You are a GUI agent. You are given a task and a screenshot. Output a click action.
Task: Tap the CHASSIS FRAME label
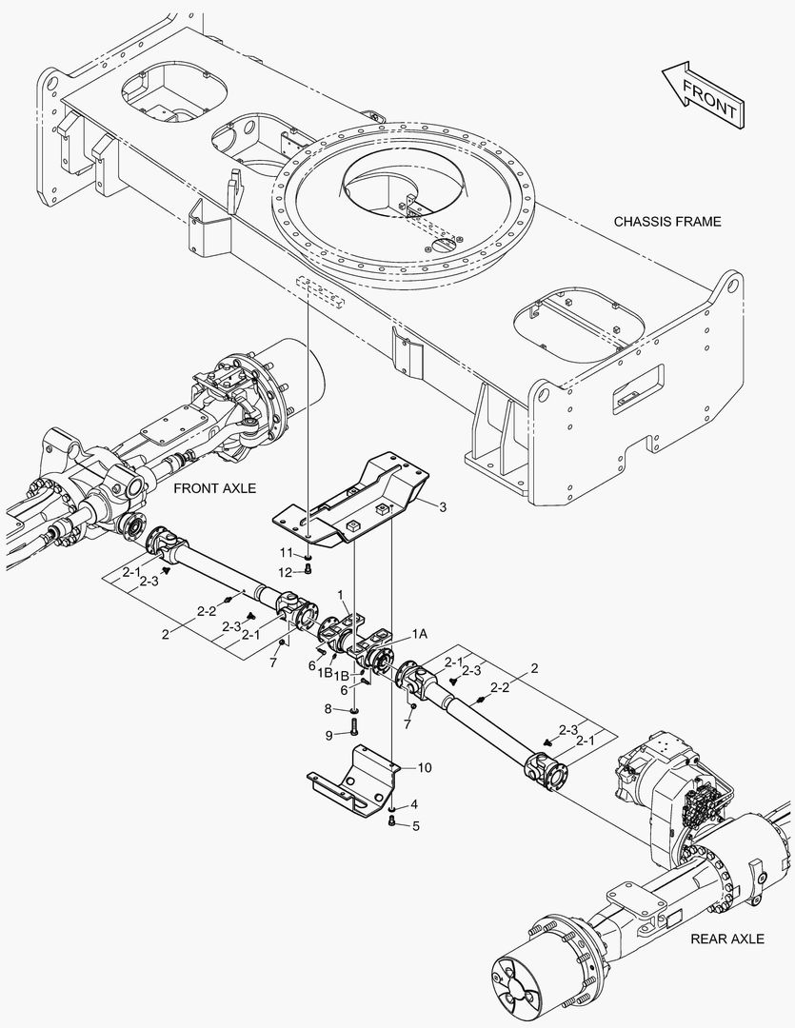[x=666, y=222]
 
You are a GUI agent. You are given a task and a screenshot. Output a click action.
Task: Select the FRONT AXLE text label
[x=215, y=488]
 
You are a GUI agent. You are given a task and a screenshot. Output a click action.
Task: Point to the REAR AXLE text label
[x=727, y=939]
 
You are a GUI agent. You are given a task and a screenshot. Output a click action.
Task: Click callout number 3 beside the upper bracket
[x=442, y=508]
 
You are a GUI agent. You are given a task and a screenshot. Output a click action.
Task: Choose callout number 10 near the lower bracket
[x=425, y=767]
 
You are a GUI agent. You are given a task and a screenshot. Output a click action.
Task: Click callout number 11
[x=286, y=552]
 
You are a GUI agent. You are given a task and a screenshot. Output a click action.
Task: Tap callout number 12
[x=286, y=571]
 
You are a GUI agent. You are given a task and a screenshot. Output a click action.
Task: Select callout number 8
[x=328, y=709]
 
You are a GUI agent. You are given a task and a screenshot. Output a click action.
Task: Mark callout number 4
[x=414, y=804]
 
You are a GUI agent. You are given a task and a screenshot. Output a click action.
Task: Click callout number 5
[x=414, y=824]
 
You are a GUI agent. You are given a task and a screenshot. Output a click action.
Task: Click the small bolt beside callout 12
[x=308, y=570]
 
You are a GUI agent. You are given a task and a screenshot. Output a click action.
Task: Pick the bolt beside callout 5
[x=392, y=821]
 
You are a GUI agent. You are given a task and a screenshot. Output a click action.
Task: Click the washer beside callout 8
[x=354, y=710]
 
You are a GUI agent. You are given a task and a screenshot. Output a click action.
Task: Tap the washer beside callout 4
[x=392, y=807]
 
